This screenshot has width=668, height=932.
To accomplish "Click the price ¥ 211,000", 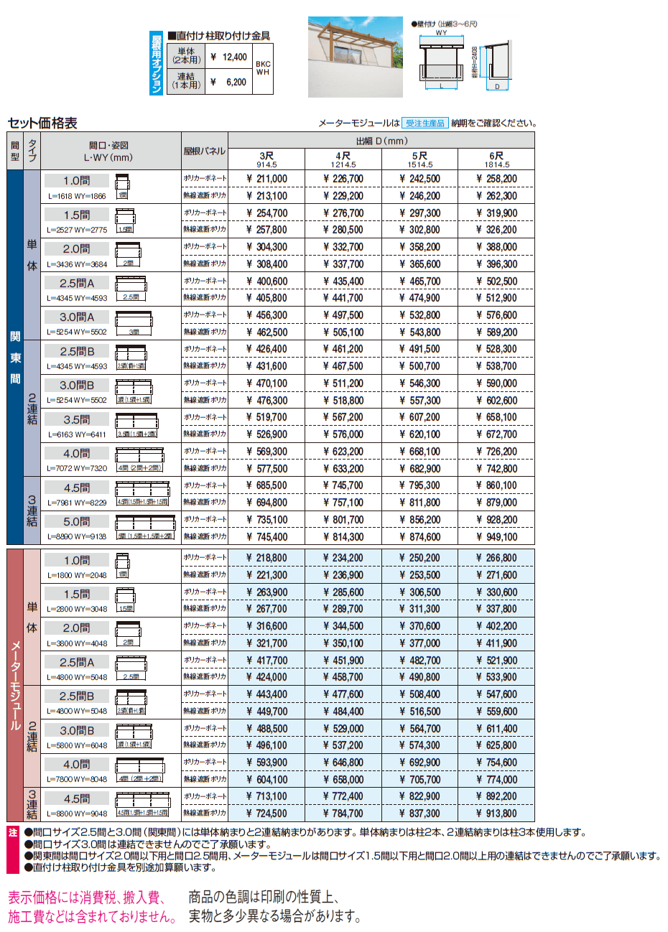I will click(266, 179).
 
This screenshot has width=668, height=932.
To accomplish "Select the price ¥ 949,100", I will click(496, 536).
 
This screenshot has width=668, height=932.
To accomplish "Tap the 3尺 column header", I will click(266, 159).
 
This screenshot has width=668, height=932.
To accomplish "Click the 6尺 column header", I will click(496, 159).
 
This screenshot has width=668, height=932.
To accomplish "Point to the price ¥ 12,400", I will click(229, 57).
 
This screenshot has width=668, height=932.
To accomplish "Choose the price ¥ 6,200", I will click(229, 82).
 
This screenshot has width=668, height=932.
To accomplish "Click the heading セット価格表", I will click(42, 123).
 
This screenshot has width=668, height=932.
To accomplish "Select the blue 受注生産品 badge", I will click(425, 123).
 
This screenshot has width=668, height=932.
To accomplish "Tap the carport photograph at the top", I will click(355, 57).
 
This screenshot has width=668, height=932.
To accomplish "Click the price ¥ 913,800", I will click(496, 814).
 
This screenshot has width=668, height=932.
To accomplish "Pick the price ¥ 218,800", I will click(266, 558).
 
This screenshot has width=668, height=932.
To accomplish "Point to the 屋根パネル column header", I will click(204, 151).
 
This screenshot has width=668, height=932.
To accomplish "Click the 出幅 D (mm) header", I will click(381, 141).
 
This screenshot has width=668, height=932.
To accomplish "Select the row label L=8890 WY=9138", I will click(77, 536).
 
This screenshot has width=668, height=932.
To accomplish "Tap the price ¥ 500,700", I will click(419, 366).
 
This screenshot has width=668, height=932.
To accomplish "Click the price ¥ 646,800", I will click(343, 763).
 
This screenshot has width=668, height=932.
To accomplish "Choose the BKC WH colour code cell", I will click(263, 68).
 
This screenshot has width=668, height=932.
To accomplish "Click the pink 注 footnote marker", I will click(13, 833).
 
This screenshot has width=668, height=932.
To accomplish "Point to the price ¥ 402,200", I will click(496, 626).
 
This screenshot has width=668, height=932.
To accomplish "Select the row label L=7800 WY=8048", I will click(77, 779).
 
